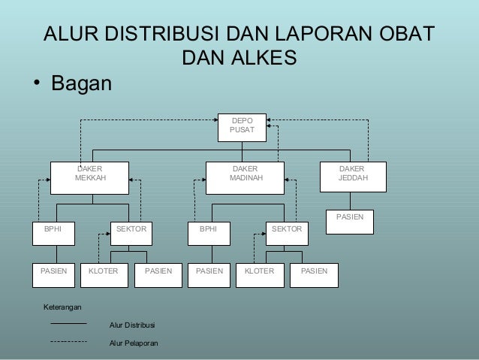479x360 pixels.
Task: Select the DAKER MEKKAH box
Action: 89,177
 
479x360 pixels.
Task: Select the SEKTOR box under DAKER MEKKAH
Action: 131,232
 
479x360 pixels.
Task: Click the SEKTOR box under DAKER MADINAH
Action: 286,232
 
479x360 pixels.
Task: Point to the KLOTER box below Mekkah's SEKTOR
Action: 104,274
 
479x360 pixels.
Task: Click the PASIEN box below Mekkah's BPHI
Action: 53,274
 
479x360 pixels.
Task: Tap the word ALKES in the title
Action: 261,58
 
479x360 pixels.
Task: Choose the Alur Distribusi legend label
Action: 132,325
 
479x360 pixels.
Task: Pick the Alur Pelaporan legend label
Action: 134,343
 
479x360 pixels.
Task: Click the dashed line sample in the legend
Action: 68,341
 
